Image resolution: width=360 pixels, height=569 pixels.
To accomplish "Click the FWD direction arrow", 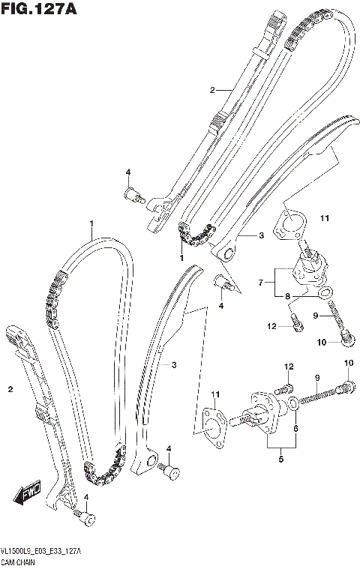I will pyautogui.click(x=25, y=494).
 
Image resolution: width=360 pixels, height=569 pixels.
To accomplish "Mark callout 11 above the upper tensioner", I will pyautogui.click(x=323, y=218).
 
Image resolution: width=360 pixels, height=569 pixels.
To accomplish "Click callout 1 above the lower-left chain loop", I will pyautogui.click(x=91, y=223).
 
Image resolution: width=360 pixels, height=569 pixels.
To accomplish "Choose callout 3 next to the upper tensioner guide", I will pyautogui.click(x=261, y=235).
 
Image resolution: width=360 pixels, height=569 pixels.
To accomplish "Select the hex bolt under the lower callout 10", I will pyautogui.click(x=345, y=389).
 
